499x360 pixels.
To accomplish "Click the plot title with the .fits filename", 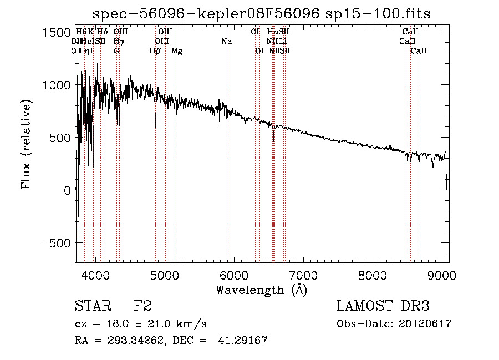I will point(262,13).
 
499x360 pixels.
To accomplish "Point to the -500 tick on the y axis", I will point(54,243).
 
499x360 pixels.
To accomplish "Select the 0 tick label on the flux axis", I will point(67,190).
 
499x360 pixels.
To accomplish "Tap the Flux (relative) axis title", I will point(27,145).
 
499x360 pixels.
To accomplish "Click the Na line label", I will point(226,41).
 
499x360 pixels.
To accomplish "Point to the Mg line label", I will point(177,51).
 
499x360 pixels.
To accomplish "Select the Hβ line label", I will point(155,51).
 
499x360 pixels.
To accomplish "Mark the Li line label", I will point(283,41).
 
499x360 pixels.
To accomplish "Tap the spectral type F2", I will point(142,306).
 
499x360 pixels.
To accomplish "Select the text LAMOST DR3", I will point(383,306).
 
